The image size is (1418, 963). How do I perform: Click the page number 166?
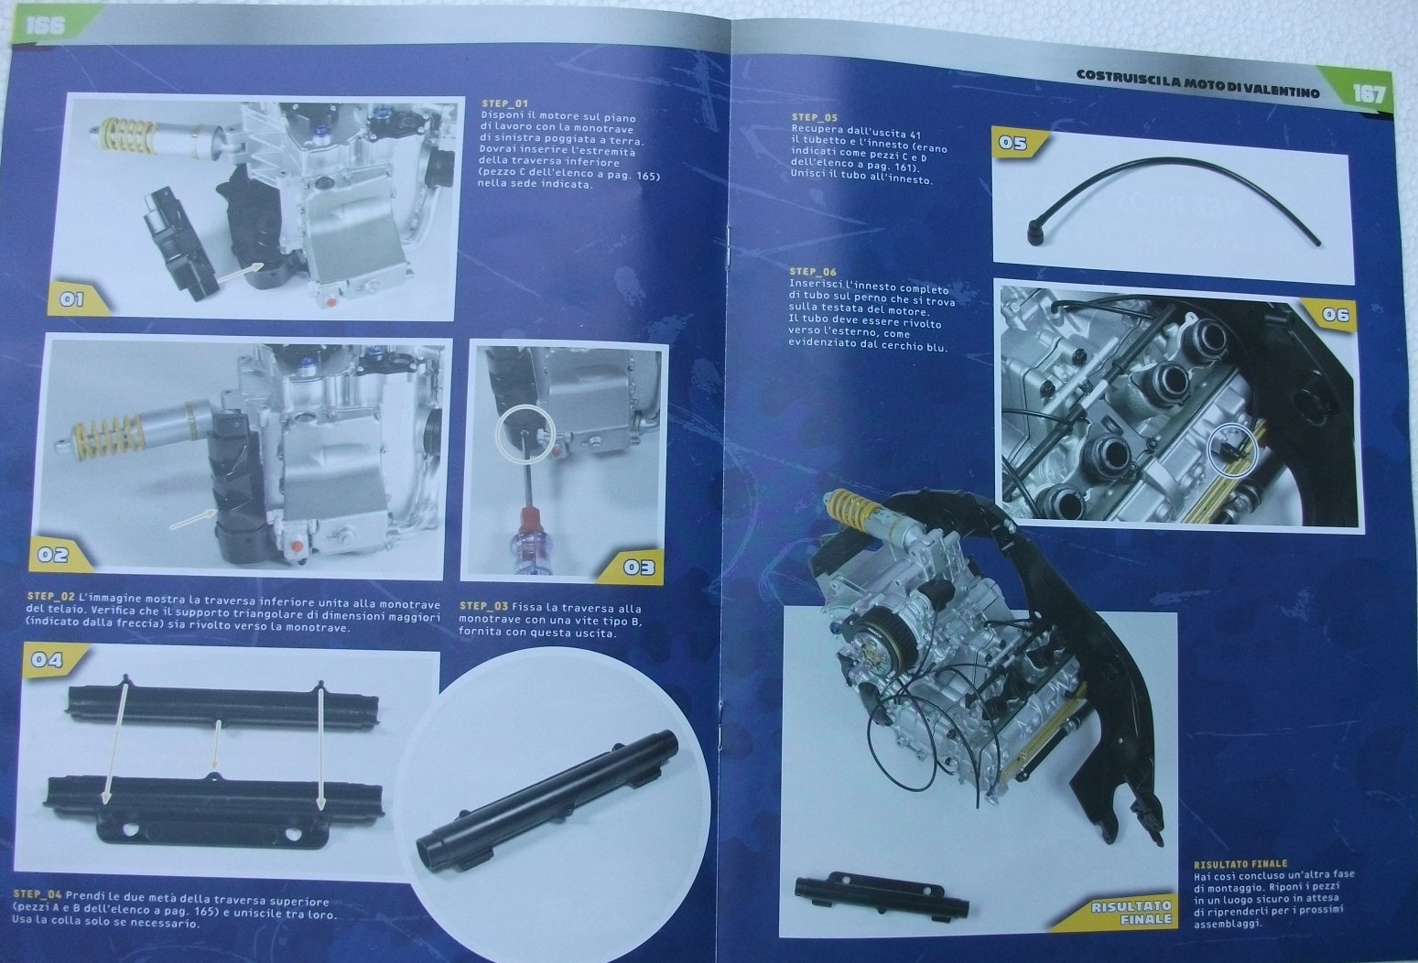[x=47, y=26]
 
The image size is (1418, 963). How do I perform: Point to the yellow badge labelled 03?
[x=636, y=566]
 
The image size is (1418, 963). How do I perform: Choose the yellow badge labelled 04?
[x=49, y=660]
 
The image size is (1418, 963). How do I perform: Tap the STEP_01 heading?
[x=504, y=103]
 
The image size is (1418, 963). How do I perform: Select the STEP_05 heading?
[x=815, y=118]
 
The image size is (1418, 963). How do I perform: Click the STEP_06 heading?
[x=813, y=272]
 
